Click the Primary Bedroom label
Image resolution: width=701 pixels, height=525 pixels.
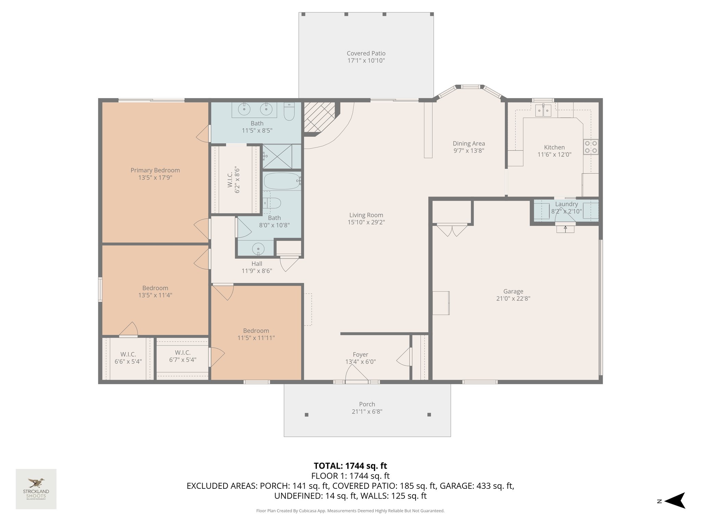tap(155, 170)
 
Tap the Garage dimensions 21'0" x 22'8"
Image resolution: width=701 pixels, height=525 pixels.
tap(513, 298)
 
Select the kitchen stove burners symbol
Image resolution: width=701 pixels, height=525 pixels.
tap(591, 147)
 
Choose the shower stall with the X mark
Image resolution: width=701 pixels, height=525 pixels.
tap(277, 157)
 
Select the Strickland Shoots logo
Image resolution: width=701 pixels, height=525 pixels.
tap(36, 489)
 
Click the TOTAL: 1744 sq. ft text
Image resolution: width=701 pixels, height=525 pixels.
tap(350, 466)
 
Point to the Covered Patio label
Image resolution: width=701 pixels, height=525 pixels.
tap(366, 53)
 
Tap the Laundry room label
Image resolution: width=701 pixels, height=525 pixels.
tap(566, 204)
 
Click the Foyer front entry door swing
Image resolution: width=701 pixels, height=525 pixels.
tap(356, 373)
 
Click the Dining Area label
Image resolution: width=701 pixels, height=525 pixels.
tap(469, 144)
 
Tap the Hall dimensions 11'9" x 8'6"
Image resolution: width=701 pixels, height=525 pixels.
tap(257, 271)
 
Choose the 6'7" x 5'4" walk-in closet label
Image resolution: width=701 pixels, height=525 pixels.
tap(182, 360)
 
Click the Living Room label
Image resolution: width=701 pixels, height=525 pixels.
tap(366, 215)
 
